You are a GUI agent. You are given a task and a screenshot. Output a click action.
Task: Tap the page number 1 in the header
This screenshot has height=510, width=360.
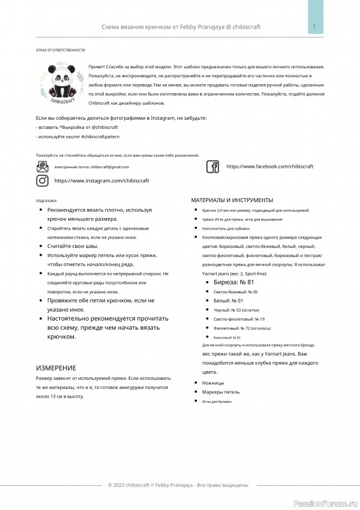coord(315,27)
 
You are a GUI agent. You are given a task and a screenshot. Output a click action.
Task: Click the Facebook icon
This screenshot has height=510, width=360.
coord(213,166)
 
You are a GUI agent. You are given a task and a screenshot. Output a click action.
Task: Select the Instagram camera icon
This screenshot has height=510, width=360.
coord(43,180)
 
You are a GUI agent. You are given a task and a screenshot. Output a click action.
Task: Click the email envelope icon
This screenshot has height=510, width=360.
coord(43,166)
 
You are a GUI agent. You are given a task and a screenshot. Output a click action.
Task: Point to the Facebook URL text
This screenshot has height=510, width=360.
coord(270,166)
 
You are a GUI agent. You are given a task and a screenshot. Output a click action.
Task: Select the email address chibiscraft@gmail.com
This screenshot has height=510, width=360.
coord(109,167)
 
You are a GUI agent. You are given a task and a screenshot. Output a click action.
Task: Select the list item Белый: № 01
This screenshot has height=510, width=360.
coord(229,300)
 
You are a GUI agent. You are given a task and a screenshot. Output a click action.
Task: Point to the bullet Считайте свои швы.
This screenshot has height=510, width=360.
coord(73,245)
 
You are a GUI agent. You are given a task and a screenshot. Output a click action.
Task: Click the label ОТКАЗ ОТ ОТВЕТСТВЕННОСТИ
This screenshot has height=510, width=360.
coord(61,50)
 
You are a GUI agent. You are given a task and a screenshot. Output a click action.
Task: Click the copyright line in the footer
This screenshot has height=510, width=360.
coord(178,485)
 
